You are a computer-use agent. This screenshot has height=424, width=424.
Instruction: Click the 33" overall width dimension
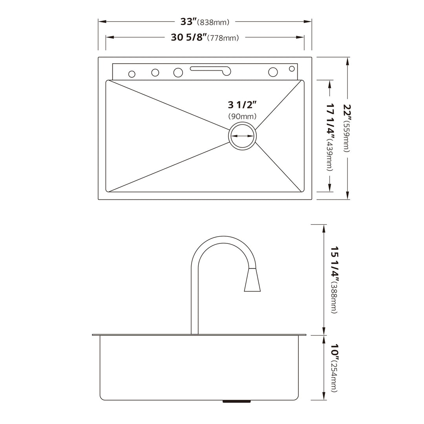[188, 21]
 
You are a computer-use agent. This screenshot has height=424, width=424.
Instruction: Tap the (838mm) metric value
[214, 22]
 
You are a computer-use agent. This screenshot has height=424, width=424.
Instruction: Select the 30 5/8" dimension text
[188, 37]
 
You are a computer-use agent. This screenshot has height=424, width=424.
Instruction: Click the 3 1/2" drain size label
[242, 105]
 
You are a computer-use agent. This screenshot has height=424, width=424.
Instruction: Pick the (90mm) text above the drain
[242, 116]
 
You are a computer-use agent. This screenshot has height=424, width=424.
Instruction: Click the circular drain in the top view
[242, 135]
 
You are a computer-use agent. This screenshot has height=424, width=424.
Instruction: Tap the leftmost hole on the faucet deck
[132, 74]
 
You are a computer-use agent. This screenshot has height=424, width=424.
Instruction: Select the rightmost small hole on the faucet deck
[292, 69]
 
